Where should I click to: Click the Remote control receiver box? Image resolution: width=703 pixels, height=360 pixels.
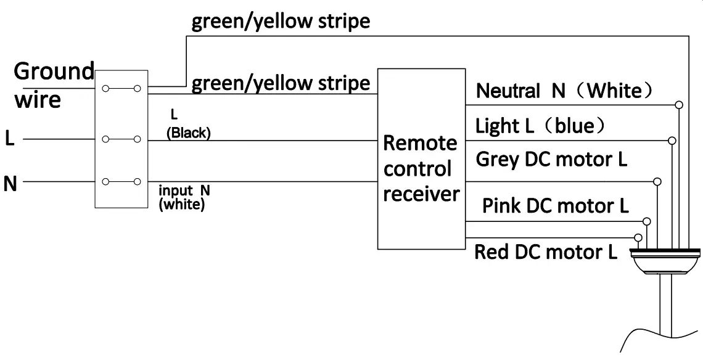tap(421, 159)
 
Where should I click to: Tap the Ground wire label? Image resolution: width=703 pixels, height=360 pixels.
tap(54, 84)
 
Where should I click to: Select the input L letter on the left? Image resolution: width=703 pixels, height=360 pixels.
tap(9, 139)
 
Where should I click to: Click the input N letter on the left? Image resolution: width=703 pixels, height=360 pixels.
tap(9, 183)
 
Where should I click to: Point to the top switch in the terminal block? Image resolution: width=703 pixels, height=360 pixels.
tap(121, 89)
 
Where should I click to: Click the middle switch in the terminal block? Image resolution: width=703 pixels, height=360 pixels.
tap(121, 139)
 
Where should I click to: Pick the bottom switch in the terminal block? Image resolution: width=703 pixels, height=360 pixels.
tap(121, 182)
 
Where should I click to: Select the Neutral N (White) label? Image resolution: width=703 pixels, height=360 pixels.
tap(564, 91)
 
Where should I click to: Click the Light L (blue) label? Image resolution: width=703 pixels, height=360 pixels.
tap(540, 126)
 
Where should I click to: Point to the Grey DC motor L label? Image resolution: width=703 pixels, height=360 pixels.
tap(551, 160)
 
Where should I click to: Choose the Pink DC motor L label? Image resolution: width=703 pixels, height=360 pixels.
tap(555, 206)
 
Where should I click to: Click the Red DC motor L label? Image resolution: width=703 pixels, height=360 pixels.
tap(545, 252)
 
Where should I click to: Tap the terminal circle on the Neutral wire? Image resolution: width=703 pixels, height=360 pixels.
tap(679, 105)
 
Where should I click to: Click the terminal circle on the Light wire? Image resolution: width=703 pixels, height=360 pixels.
tap(672, 141)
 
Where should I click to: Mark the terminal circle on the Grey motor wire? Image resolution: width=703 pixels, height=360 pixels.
tap(657, 182)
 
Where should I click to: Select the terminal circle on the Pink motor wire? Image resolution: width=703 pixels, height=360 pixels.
tap(646, 221)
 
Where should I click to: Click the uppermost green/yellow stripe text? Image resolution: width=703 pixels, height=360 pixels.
tap(281, 22)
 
